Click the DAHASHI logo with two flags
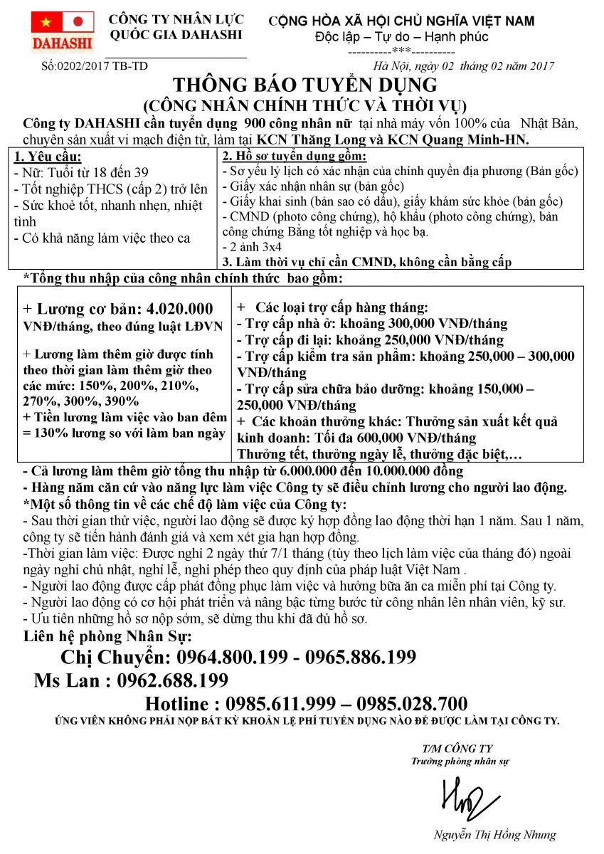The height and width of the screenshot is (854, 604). [x=63, y=32]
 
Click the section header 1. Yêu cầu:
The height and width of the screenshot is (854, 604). [x=48, y=157]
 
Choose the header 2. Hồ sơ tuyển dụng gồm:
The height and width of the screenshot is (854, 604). [x=295, y=156]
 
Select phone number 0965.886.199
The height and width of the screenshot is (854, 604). [x=362, y=657]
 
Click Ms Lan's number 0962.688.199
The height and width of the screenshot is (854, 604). [x=173, y=680]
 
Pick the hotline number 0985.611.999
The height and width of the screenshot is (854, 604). [x=280, y=705]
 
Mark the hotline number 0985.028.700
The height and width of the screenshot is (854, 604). [x=412, y=705]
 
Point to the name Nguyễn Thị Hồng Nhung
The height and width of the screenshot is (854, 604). [x=494, y=835]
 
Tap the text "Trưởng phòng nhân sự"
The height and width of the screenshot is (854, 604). [x=460, y=761]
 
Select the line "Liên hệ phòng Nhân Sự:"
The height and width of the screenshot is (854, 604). [x=107, y=636]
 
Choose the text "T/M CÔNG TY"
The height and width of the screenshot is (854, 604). [x=457, y=749]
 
